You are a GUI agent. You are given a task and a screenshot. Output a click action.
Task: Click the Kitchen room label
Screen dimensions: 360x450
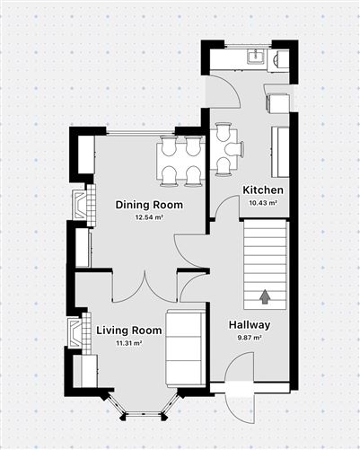click(x=263, y=190)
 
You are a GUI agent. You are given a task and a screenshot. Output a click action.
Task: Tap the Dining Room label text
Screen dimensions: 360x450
click(x=149, y=205)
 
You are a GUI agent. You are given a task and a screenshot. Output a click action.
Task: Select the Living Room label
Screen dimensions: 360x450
click(x=128, y=331)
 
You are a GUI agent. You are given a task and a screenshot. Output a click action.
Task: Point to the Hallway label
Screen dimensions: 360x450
click(x=250, y=325)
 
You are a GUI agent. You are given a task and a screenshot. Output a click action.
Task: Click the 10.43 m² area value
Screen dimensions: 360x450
click(x=263, y=203)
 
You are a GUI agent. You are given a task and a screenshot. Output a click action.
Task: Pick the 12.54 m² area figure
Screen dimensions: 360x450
click(x=149, y=217)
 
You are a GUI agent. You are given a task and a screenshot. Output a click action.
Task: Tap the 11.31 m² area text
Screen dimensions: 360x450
click(x=128, y=343)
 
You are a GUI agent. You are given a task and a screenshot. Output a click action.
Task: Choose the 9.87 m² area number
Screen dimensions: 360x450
click(x=250, y=338)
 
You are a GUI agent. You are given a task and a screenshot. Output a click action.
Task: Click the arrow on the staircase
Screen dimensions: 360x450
click(x=265, y=296)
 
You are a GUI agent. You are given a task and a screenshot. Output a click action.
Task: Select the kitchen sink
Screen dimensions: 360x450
click(x=256, y=56)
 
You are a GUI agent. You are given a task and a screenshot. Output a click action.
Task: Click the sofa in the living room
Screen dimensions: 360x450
click(x=186, y=349)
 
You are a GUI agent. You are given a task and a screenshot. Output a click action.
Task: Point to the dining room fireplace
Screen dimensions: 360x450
click(x=84, y=205)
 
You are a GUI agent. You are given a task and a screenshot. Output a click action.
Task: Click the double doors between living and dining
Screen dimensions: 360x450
click(x=145, y=287)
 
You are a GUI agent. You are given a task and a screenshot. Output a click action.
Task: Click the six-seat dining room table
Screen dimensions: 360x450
click(x=180, y=161)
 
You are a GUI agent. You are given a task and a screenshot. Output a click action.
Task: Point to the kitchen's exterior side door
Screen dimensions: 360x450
click(x=224, y=92)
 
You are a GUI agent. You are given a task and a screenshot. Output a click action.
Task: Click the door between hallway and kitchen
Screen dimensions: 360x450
click(x=227, y=208)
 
